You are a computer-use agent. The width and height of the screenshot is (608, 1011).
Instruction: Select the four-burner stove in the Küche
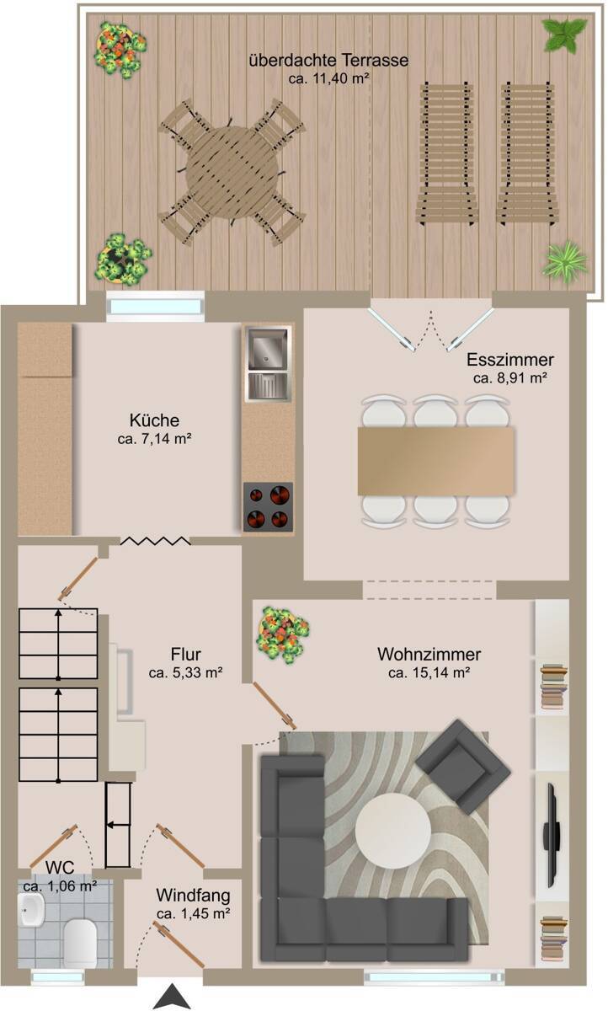268,506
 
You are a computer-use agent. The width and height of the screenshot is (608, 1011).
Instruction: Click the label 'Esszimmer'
510,359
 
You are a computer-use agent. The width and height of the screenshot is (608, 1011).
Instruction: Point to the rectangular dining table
436,461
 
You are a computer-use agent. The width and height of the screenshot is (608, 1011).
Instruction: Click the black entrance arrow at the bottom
172,996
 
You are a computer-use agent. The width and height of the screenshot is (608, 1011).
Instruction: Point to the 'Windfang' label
193,895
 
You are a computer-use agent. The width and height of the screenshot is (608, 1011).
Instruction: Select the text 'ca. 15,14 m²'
429,672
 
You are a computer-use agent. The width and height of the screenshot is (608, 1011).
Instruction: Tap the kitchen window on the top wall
155,306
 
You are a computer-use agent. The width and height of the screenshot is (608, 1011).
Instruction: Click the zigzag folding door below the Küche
155,541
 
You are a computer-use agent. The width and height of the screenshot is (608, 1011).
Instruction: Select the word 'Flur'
186,654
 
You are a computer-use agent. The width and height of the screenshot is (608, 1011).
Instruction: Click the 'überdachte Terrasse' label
328,60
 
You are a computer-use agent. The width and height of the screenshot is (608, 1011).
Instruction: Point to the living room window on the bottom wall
434,977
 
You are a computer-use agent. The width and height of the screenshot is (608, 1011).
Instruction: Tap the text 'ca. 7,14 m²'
155,439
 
